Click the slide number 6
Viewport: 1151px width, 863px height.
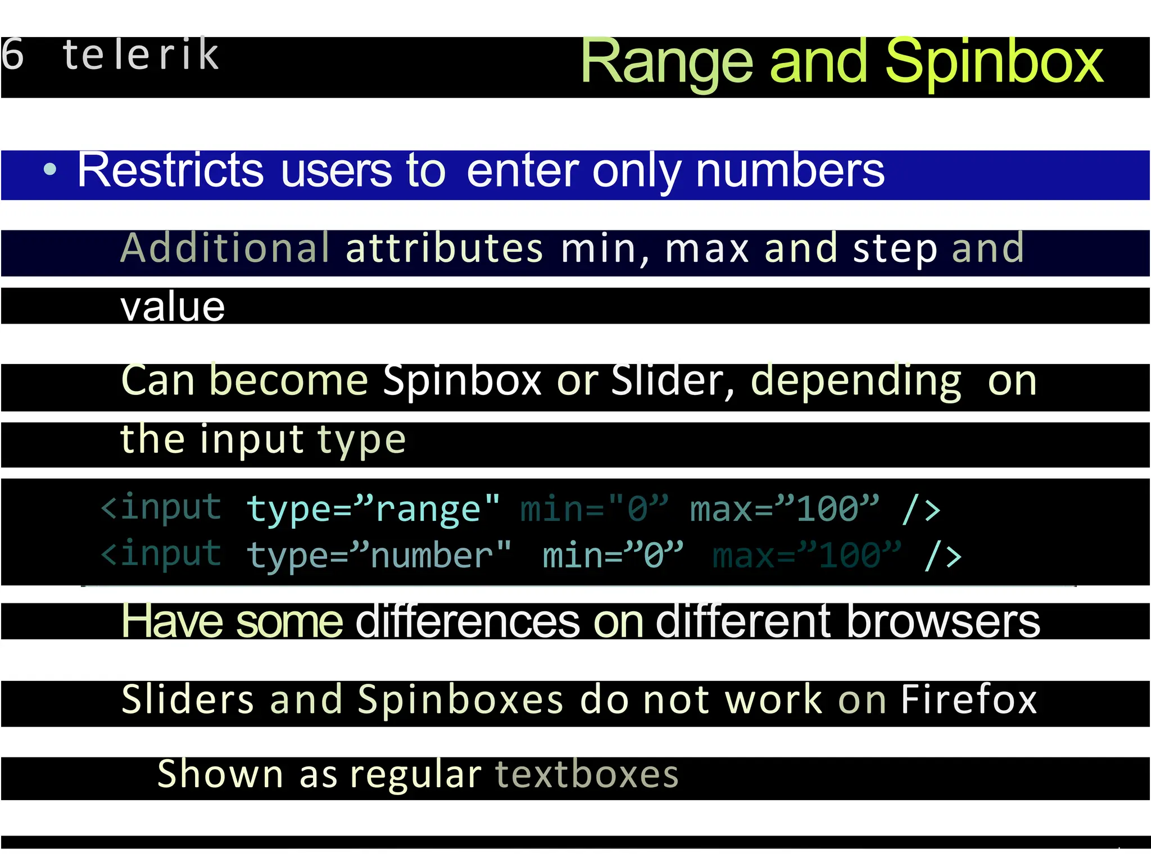(x=12, y=54)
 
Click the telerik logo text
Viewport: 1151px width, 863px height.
(x=141, y=54)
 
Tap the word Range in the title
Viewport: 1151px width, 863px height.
(x=667, y=63)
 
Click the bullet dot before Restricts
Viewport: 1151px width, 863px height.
(x=50, y=169)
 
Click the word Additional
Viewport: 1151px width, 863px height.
(x=225, y=248)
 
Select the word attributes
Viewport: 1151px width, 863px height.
(x=444, y=249)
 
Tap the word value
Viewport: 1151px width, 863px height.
(x=173, y=307)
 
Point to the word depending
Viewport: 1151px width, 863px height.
(x=856, y=381)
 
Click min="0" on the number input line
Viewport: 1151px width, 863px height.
(x=613, y=556)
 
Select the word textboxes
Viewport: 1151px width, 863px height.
(x=587, y=775)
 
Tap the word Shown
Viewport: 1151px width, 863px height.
(x=220, y=775)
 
